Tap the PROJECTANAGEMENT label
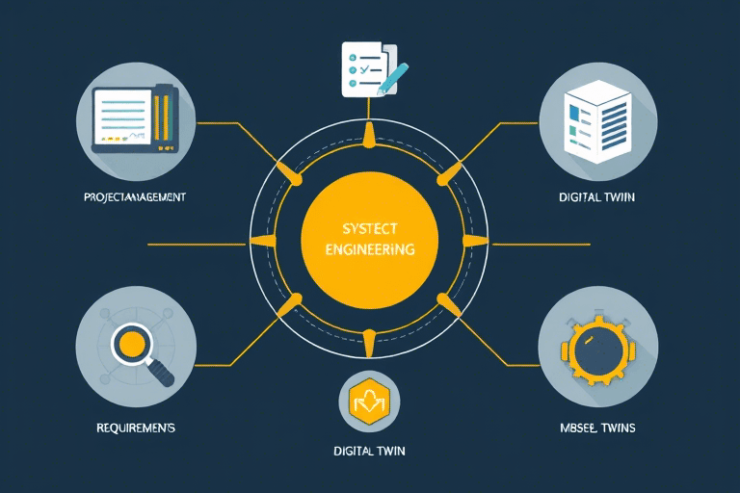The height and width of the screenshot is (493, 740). (x=134, y=196)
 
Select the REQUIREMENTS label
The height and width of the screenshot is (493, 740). (x=134, y=426)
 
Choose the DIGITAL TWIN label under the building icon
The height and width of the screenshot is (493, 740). (x=596, y=196)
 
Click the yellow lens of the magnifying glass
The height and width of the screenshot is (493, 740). (x=131, y=344)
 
